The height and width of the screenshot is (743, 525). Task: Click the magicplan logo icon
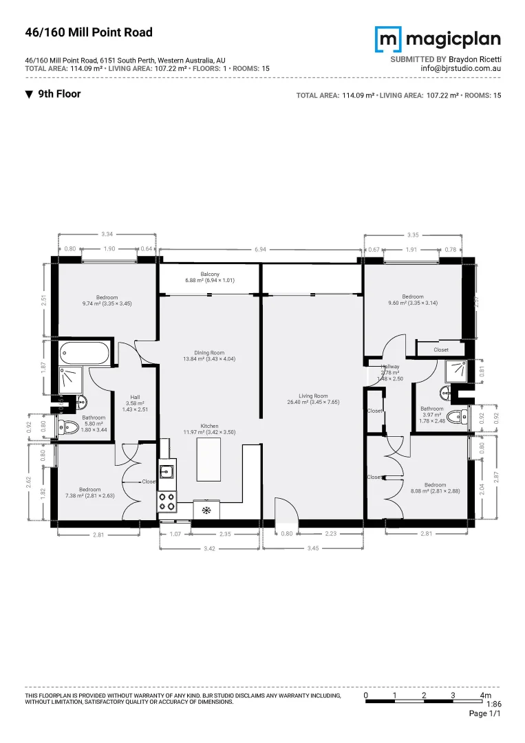point(387,39)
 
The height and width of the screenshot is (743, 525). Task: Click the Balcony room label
point(210,277)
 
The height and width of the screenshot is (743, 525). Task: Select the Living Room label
point(313,399)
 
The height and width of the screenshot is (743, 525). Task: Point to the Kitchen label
point(210,429)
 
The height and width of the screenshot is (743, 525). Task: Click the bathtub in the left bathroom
point(83,354)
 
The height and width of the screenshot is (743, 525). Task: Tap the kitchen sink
point(166,471)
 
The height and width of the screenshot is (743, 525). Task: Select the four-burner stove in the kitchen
point(167,501)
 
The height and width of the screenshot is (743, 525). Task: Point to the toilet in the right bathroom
point(456,416)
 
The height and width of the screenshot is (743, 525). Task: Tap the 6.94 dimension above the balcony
point(259,249)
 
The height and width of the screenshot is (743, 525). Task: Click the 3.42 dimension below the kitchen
point(209,548)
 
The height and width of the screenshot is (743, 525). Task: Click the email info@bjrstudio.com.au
point(460,69)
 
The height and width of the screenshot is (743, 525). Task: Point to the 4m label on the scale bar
point(486,696)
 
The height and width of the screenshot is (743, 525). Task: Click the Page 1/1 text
point(484,714)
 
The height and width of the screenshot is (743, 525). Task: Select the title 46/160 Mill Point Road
point(89,32)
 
